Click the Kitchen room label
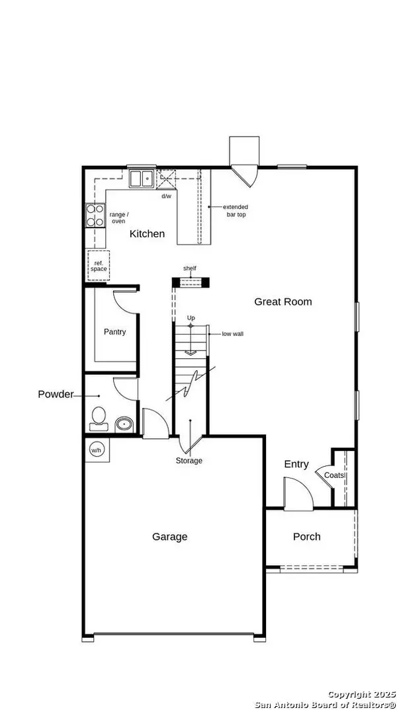pos(147,234)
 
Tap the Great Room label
pos(283,301)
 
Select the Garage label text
pos(169,537)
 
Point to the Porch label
pos(306,536)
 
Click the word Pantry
pos(114,332)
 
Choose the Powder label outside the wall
pos(55,394)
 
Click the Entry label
pos(296,464)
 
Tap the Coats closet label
pos(334,475)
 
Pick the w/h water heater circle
pos(96,450)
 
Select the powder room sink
pos(124,423)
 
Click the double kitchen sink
pos(140,178)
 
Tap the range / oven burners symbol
pos(95,216)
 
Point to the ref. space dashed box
pos(98,266)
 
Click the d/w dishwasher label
pos(166,196)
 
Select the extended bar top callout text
pos(236,210)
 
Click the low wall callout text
pos(232,334)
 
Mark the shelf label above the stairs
pos(190,268)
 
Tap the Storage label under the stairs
pos(189,460)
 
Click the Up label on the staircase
pos(191,318)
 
